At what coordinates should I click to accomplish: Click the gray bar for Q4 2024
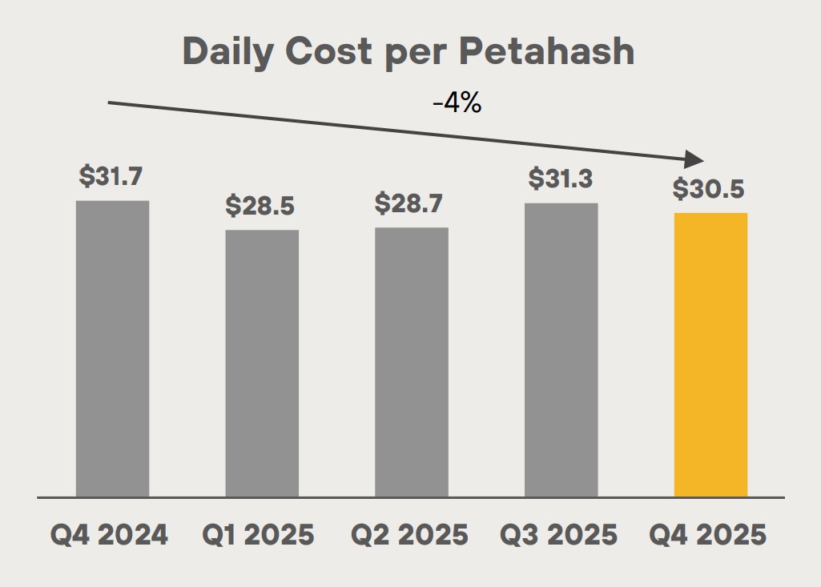pos(112,348)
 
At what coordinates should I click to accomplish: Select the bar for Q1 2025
pos(262,363)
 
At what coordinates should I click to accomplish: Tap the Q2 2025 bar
pos(412,362)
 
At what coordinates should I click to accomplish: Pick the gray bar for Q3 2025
pos(561,349)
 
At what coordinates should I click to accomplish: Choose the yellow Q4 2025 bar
pos(710,354)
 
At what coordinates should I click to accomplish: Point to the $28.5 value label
pos(260,206)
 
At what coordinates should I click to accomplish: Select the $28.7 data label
pos(409,203)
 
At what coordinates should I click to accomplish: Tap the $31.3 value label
pos(560,179)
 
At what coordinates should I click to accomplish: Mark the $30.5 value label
pos(709,189)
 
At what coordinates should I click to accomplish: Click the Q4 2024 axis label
pos(110,535)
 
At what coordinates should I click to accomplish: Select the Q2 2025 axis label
pos(410,535)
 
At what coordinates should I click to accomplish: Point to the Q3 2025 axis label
pos(559,535)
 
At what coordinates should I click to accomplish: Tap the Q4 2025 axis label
pos(708,535)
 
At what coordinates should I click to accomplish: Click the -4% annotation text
pos(457,103)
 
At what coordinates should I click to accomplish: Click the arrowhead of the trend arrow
pos(694,159)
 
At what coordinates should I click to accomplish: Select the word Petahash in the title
pos(547,52)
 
